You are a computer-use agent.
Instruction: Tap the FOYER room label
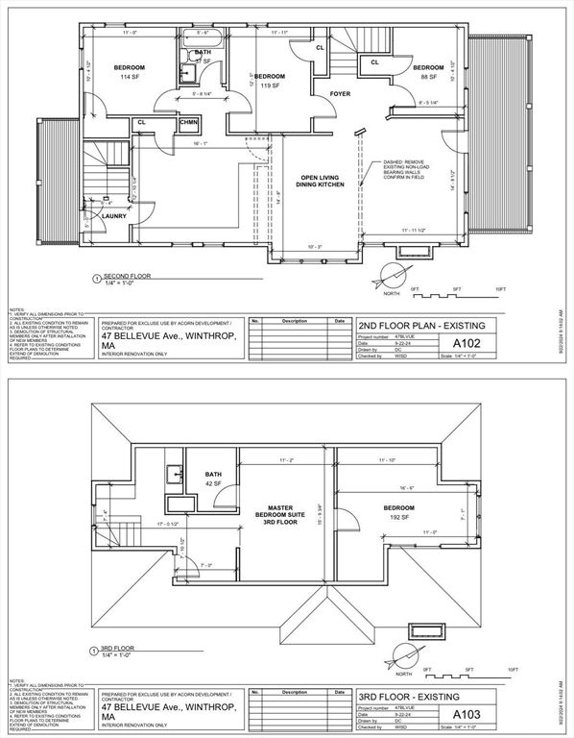point(340,94)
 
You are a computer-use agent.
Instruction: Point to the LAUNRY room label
point(115,216)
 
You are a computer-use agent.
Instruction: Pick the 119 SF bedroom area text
point(270,86)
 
